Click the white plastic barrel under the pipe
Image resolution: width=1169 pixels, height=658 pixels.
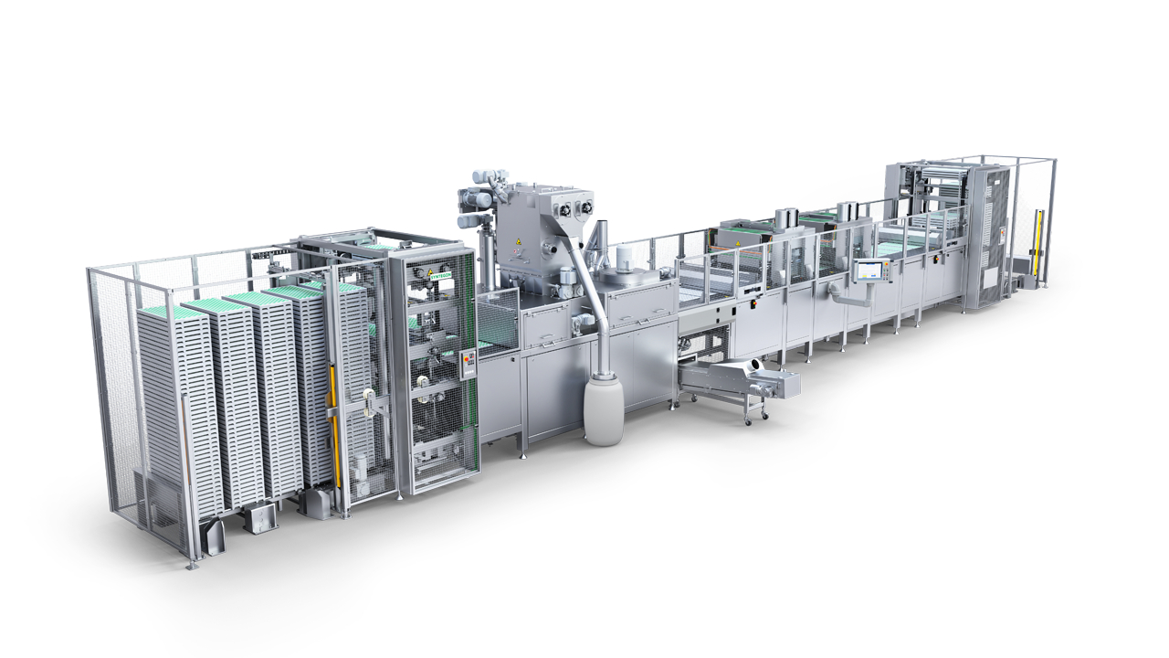point(603,415)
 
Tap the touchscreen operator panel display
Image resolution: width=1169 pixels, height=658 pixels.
point(869,271)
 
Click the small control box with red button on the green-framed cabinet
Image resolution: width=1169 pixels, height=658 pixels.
point(469,363)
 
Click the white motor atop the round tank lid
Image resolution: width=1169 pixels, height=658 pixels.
point(625,255)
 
